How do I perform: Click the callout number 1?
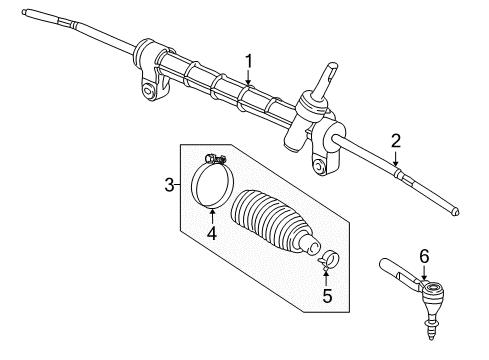pyautogui.click(x=250, y=62)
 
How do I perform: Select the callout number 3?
pyautogui.click(x=170, y=183)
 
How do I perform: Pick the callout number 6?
pyautogui.click(x=424, y=256)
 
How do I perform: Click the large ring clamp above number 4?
pyautogui.click(x=212, y=190)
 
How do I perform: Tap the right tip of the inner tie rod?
pyautogui.click(x=455, y=239)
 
